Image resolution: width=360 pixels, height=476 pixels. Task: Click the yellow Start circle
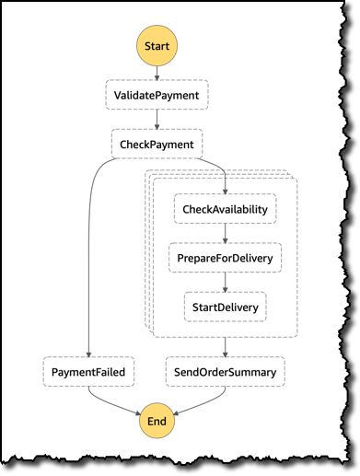pyautogui.click(x=157, y=43)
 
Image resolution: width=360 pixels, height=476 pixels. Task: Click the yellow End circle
pyautogui.click(x=157, y=421)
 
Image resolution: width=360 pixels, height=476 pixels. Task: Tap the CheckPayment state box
pyautogui.click(x=157, y=144)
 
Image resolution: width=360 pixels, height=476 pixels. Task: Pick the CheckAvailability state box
pyautogui.click(x=225, y=209)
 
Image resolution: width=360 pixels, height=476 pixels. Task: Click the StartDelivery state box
pyautogui.click(x=225, y=306)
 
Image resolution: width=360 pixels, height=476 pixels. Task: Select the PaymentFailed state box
pyautogui.click(x=87, y=372)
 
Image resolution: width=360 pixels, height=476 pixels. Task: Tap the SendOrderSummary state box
pyautogui.click(x=225, y=372)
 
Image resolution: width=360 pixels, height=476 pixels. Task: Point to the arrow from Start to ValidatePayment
pyautogui.click(x=157, y=72)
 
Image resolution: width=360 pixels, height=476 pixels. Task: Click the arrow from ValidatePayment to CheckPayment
pyautogui.click(x=157, y=119)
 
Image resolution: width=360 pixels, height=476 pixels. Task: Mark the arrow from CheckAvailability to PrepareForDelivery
pyautogui.click(x=225, y=233)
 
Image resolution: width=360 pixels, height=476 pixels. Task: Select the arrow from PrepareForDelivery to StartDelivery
pyautogui.click(x=225, y=282)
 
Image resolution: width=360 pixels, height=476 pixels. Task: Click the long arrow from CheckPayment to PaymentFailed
pyautogui.click(x=87, y=267)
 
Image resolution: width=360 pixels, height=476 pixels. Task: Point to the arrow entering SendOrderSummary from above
pyautogui.click(x=225, y=348)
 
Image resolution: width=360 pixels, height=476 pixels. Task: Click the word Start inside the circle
pyautogui.click(x=157, y=43)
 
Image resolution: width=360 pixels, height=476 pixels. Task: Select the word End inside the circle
pyautogui.click(x=157, y=421)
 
